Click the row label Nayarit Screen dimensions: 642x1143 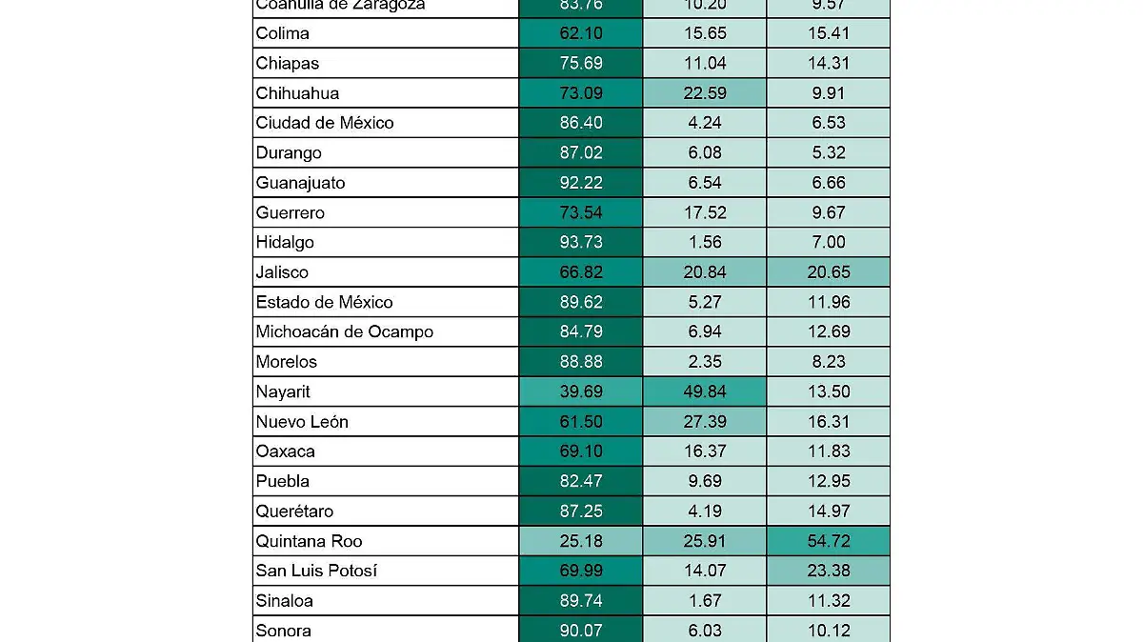click(283, 391)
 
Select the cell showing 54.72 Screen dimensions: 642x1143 click(828, 541)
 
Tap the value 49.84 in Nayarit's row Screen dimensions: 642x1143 click(704, 391)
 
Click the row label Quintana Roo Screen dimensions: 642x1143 click(309, 541)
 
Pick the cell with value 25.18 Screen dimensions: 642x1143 click(580, 541)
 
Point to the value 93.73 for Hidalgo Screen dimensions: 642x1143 click(580, 242)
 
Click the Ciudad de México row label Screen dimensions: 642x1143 click(324, 123)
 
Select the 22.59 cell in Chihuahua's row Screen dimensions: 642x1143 click(704, 93)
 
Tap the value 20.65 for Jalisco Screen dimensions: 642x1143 click(828, 272)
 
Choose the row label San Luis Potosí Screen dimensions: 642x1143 click(316, 572)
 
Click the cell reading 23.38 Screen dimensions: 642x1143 click(828, 572)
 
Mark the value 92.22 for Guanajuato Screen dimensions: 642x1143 click(580, 183)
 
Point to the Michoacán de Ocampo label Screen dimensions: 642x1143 click(344, 331)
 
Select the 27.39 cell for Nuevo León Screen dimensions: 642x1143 click(704, 422)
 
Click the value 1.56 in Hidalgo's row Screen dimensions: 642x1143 click(704, 242)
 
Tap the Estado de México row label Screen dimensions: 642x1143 click(324, 302)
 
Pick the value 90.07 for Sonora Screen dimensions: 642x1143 click(580, 631)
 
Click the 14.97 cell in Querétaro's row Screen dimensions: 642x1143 click(828, 512)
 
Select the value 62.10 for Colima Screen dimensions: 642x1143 click(580, 33)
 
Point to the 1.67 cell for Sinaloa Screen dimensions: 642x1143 click(704, 601)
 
